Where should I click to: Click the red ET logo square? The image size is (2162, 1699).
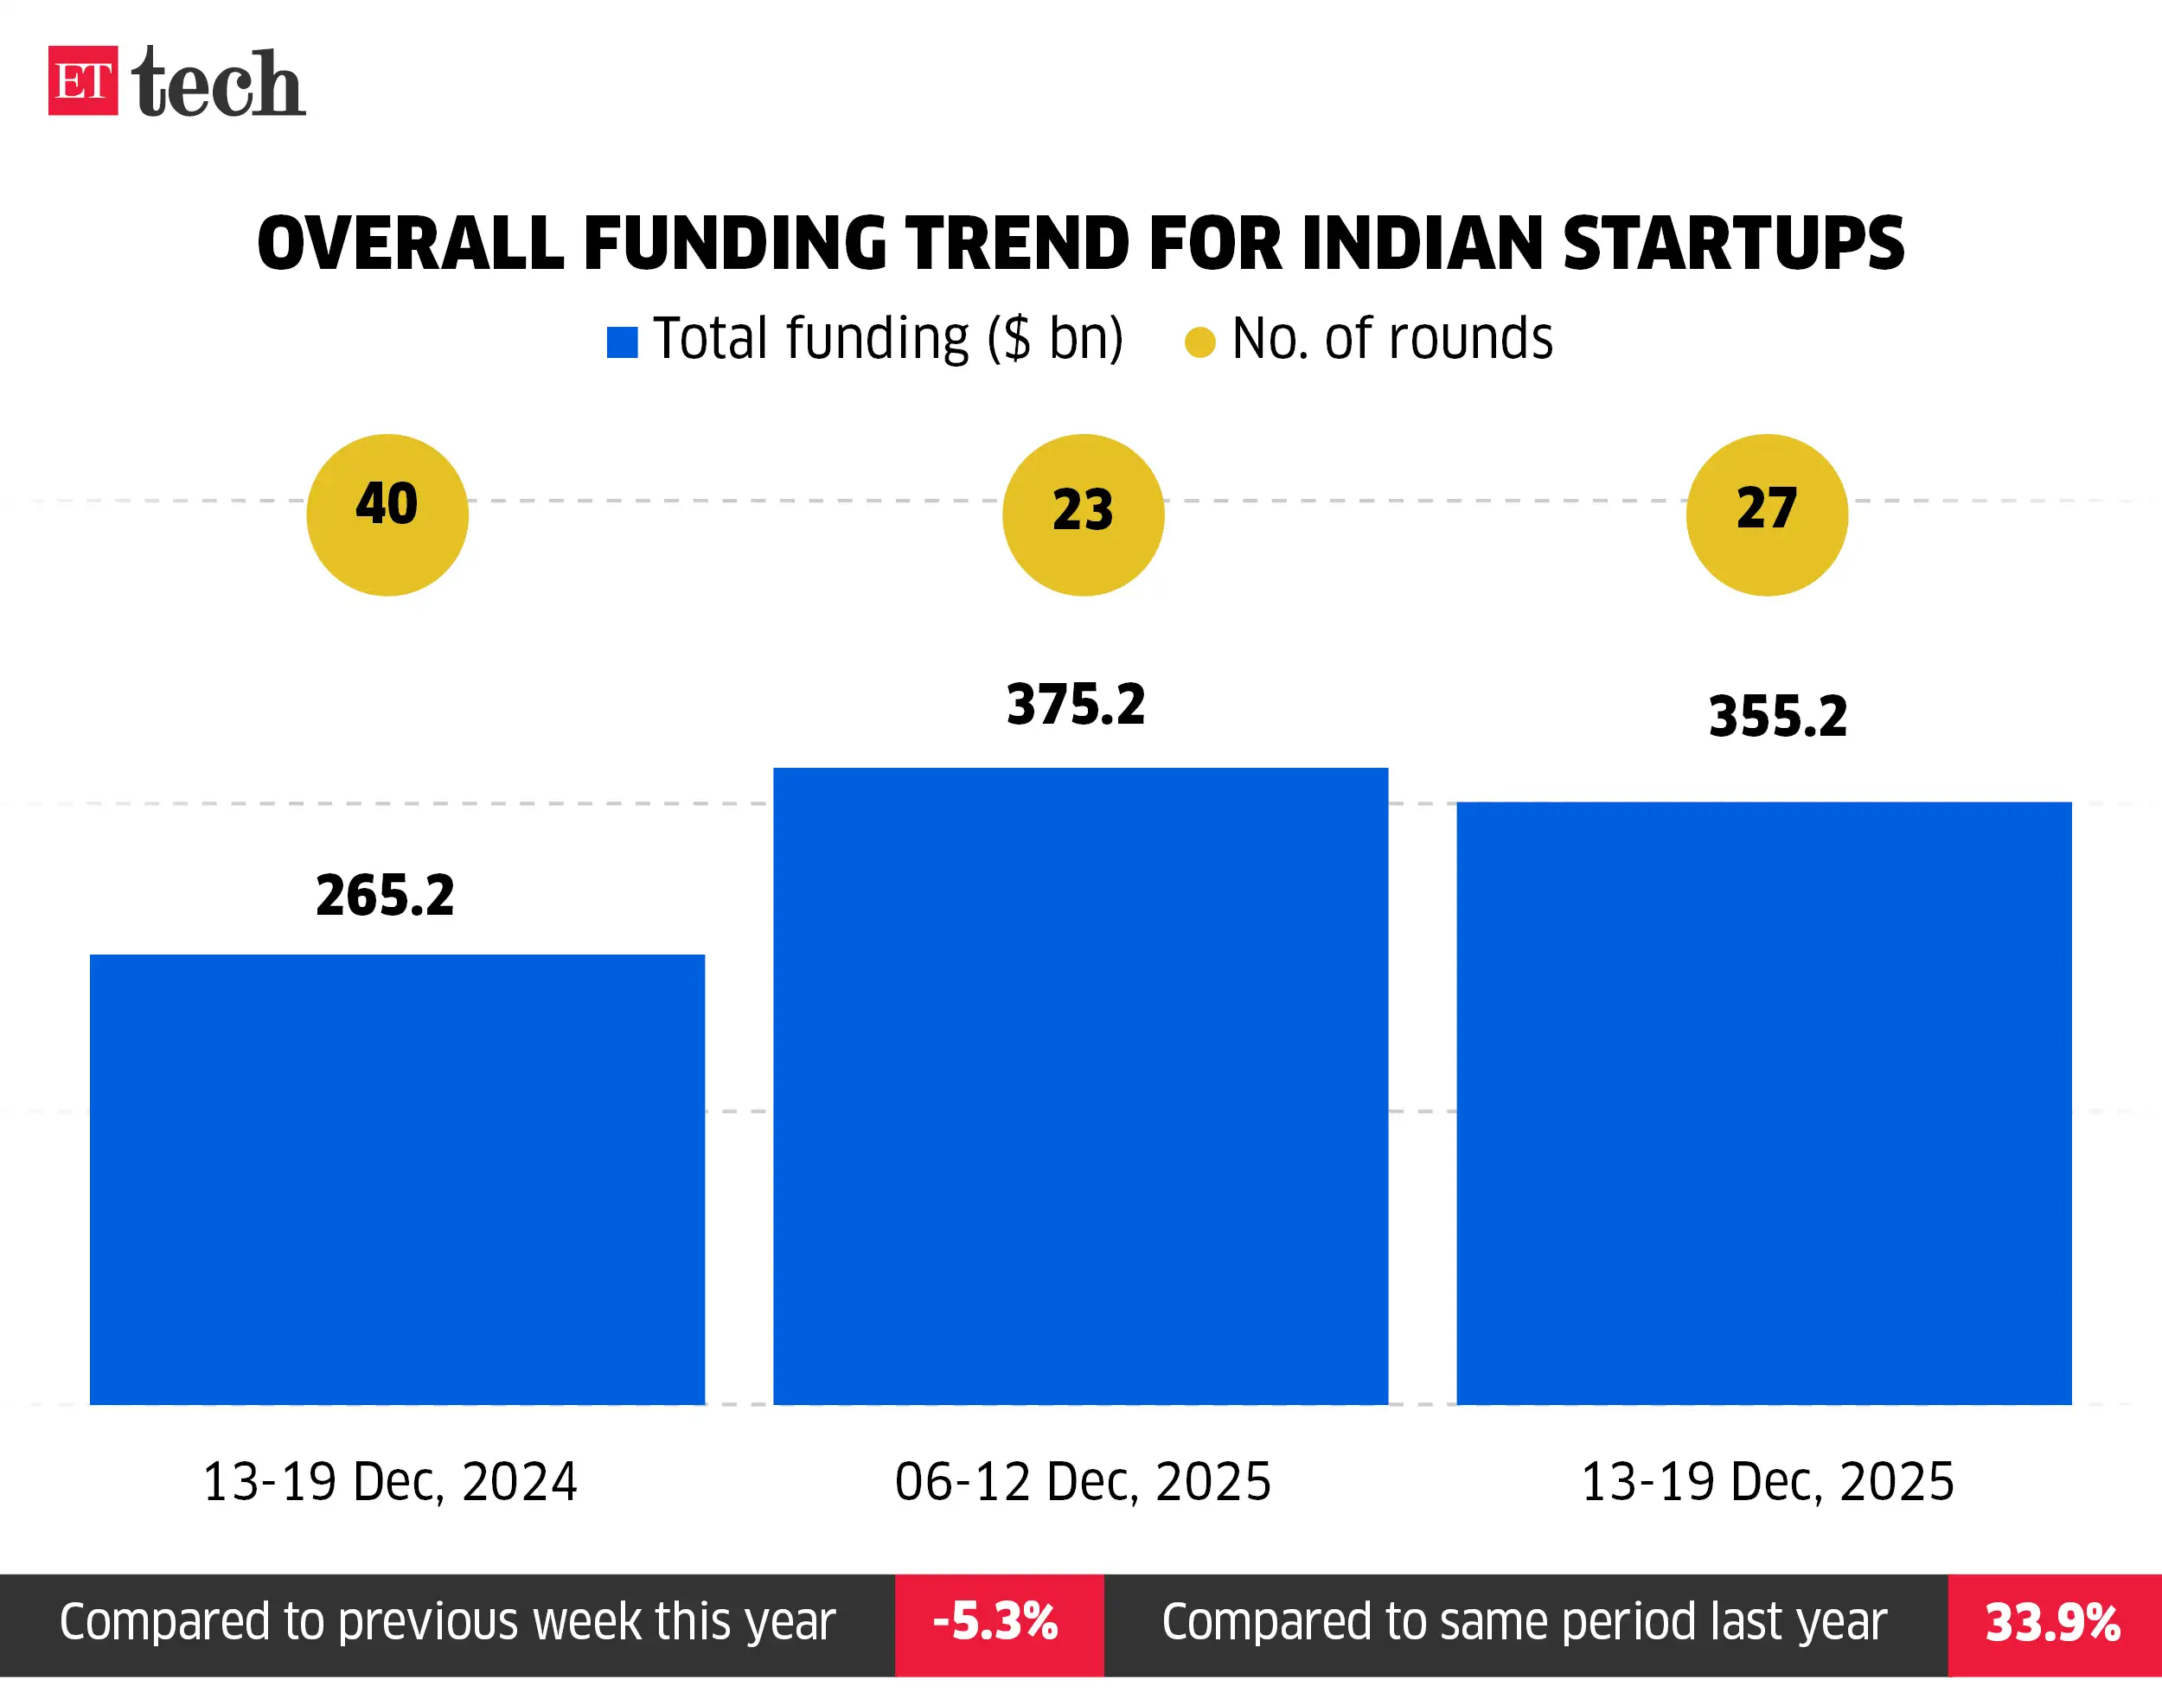pos(82,80)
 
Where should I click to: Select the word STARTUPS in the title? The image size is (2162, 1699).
pos(1732,244)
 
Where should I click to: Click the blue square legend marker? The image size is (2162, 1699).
pos(622,342)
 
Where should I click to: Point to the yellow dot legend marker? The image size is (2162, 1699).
pos(1199,342)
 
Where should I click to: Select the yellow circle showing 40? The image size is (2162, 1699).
pos(387,514)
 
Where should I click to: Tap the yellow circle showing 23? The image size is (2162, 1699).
pos(1083,514)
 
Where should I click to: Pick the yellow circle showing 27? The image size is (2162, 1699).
pos(1766,514)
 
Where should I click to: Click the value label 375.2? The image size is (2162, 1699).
pos(1076,705)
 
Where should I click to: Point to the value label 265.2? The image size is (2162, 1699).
pos(385,894)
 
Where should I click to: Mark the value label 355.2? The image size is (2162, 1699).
pos(1777,716)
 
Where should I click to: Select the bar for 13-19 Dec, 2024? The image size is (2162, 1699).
pos(397,1178)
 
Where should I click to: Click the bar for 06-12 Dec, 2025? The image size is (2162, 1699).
pos(1080,1085)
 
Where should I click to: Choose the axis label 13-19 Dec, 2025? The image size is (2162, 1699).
pos(1767,1481)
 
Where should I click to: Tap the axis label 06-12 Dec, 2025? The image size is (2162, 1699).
pos(1083,1481)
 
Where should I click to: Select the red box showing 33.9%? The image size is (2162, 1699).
pos(2052,1622)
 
